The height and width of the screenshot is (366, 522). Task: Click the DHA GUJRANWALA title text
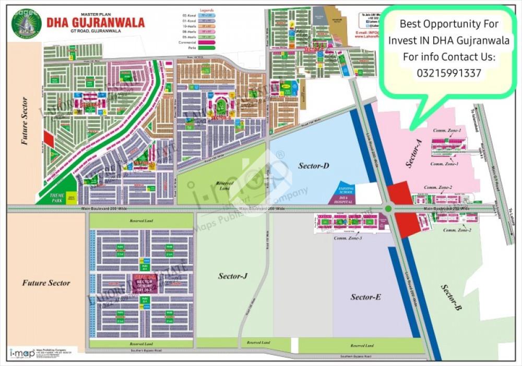[x=96, y=22]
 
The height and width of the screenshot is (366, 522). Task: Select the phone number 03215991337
[x=448, y=73]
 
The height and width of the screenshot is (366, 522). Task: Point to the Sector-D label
[x=313, y=166]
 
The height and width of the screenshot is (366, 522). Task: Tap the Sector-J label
[x=232, y=276]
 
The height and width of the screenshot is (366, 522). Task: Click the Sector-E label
[x=365, y=297]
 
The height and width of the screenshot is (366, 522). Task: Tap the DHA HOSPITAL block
[x=343, y=199]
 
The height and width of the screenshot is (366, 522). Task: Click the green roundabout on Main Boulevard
[x=388, y=209]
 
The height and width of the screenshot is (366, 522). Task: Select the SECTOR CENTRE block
[x=145, y=283]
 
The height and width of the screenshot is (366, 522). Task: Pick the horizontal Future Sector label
[x=46, y=283]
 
